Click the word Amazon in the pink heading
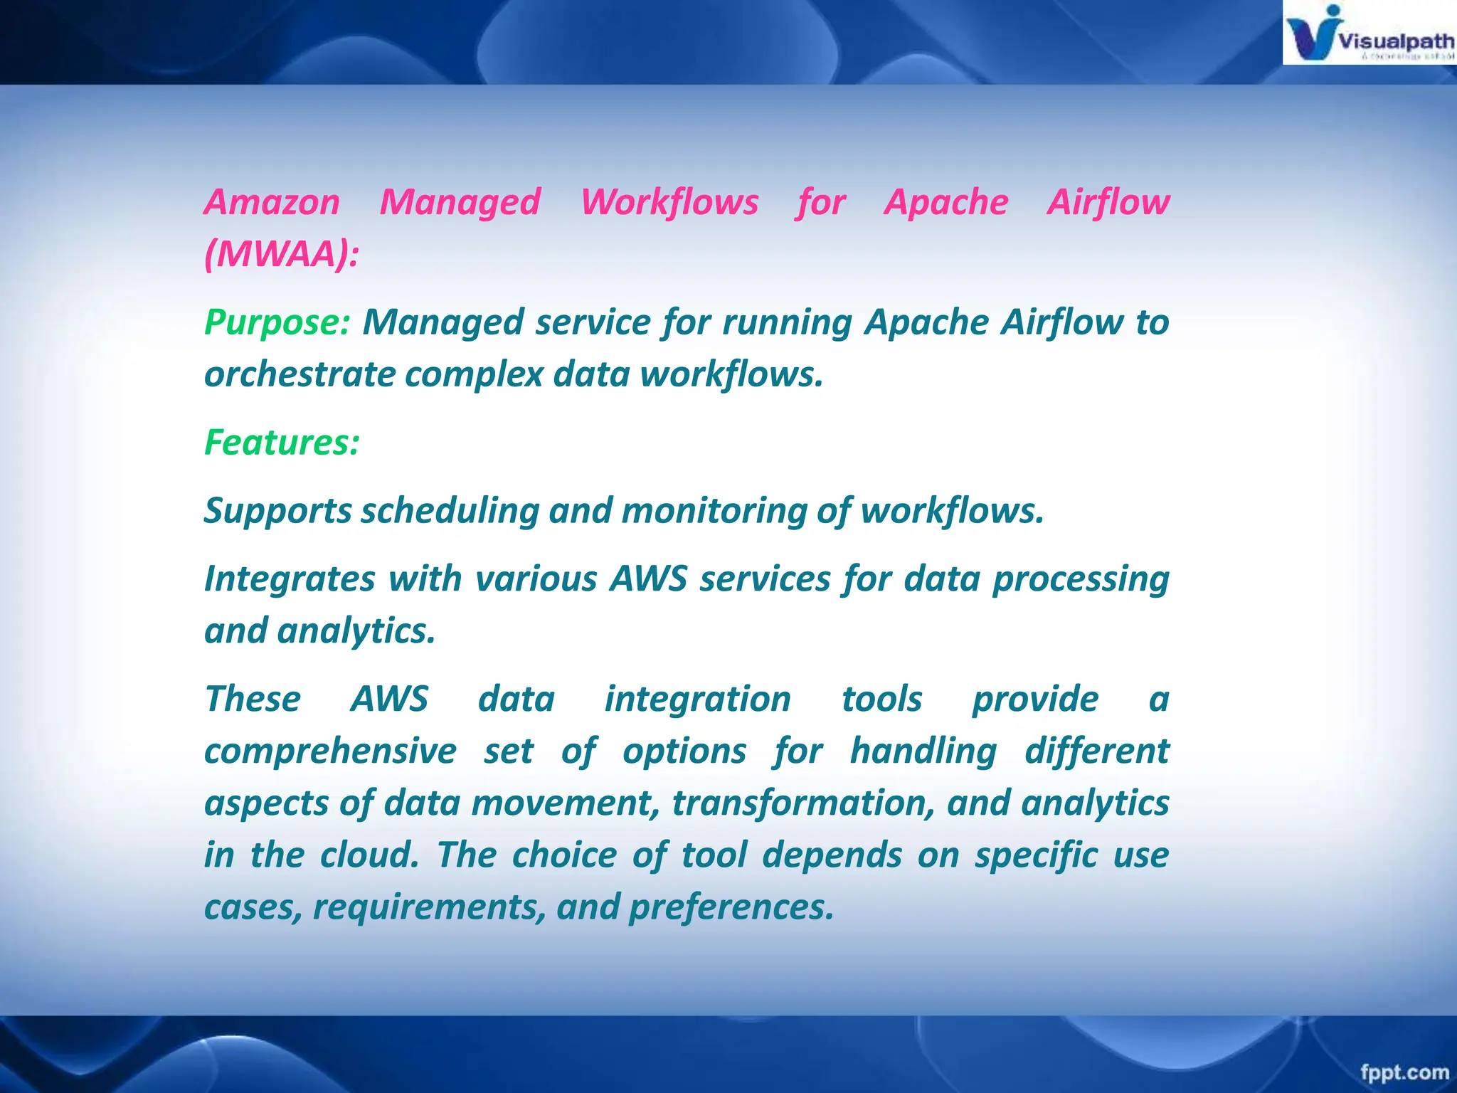pos(272,202)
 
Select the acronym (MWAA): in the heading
pos(282,254)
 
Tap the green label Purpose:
pos(277,322)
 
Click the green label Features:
pos(282,443)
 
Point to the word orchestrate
pos(299,374)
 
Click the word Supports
pos(278,512)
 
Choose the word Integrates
pos(290,579)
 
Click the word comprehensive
pos(330,751)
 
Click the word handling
pos(923,751)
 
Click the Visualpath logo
pos(1369,33)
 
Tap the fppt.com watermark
pos(1404,1072)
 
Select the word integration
pos(697,699)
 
